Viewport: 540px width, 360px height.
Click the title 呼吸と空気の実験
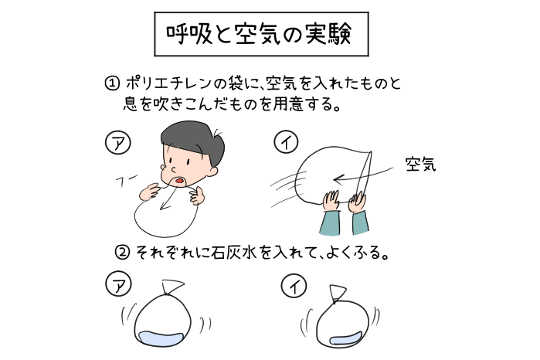tap(259, 35)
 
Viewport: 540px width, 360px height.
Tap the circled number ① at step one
tap(112, 83)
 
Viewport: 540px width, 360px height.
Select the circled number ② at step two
tap(122, 253)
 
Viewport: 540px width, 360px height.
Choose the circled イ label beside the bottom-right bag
tap(294, 287)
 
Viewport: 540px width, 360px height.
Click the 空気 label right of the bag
tap(420, 165)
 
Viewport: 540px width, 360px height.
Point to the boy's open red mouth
tap(179, 181)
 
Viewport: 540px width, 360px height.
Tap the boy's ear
tap(212, 170)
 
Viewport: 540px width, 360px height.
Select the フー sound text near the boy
tap(126, 181)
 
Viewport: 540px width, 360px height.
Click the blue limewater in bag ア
tap(161, 338)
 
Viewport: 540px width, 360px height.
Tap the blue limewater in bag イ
tap(345, 339)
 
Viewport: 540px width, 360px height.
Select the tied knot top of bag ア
tap(172, 287)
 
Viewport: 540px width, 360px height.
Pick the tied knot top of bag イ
tap(337, 294)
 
